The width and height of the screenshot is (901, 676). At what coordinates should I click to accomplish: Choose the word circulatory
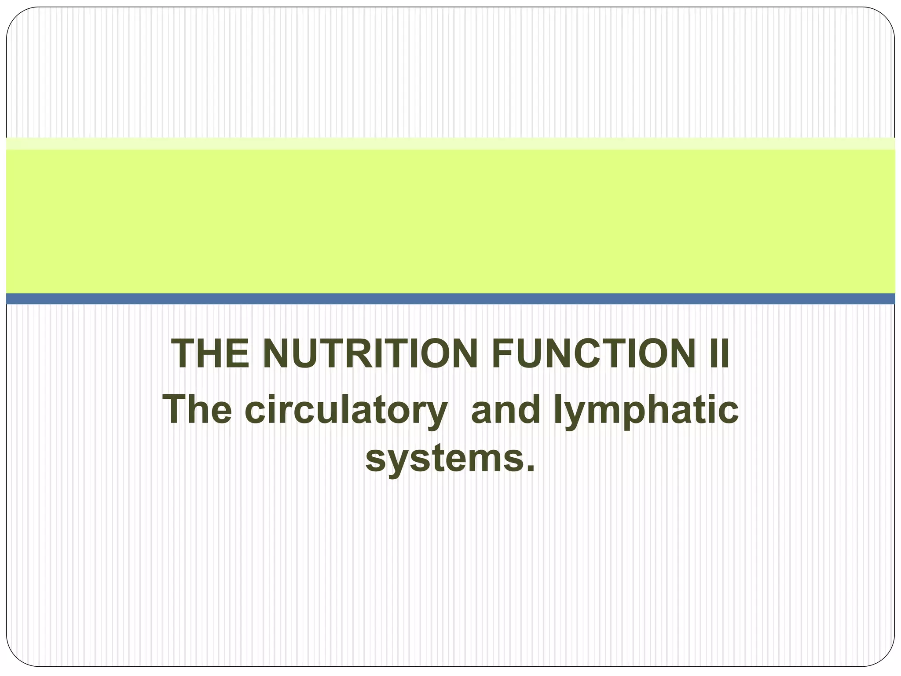tap(346, 411)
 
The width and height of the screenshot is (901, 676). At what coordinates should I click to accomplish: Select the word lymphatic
tap(646, 411)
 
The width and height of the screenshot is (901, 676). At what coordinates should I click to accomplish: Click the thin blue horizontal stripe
tap(450, 299)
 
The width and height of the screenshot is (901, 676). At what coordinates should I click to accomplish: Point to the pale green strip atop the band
tap(450, 143)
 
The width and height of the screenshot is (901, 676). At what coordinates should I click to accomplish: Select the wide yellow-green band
tap(450, 220)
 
